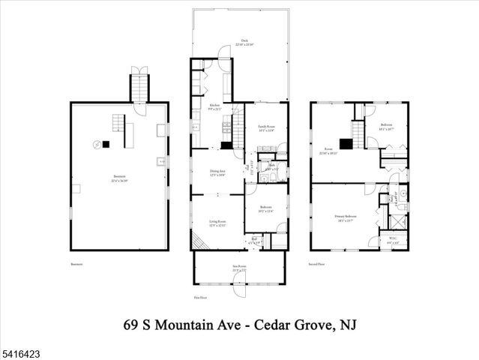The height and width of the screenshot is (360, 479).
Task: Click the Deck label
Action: pos(244,41)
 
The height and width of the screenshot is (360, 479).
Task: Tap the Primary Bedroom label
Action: pos(346,218)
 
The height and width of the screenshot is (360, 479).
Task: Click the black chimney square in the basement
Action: pos(106,144)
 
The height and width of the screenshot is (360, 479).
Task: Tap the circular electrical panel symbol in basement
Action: pos(96,144)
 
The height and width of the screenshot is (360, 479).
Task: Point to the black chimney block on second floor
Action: pos(345,144)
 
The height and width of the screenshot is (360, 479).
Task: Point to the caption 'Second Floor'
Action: pos(317,264)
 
